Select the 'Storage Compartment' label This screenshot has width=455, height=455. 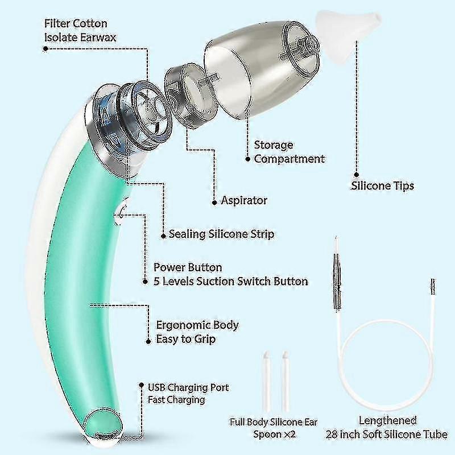click(289, 152)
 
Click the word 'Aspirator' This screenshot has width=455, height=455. click(244, 200)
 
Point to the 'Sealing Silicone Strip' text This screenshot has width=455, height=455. click(221, 234)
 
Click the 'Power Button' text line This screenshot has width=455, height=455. click(188, 267)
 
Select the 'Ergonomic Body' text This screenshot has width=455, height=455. click(197, 325)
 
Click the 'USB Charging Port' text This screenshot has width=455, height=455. click(188, 387)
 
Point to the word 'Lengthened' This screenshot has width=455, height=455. click(388, 421)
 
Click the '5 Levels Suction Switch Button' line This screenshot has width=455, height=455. click(231, 281)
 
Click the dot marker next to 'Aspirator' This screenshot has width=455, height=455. click(214, 200)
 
